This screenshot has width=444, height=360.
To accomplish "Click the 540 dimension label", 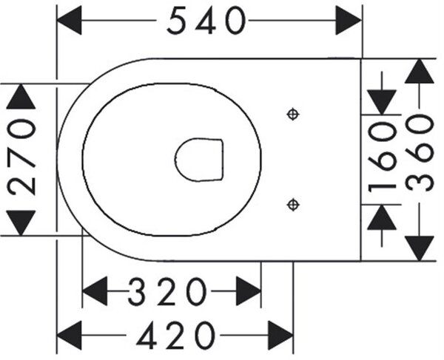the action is [206, 21].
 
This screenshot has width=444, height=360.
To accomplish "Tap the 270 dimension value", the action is [21, 157].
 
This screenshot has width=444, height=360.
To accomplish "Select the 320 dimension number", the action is [166, 291].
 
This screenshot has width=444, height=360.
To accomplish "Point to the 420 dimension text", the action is [176, 336].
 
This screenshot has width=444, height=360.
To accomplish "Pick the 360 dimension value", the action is [420, 153].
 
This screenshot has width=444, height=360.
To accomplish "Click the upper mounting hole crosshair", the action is [293, 115].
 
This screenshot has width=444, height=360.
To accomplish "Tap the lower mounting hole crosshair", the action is [293, 205].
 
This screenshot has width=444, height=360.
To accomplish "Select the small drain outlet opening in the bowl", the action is [199, 160].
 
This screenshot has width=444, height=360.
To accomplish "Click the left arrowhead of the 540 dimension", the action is [69, 21].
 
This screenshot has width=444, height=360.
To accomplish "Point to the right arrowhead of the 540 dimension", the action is [349, 21].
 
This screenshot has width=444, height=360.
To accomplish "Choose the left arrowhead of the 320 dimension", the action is [95, 291].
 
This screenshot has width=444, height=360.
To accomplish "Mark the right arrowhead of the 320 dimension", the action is [249, 291].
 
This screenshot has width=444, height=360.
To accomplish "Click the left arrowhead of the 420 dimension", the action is [70, 336].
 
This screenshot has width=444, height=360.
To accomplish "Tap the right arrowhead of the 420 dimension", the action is [280, 336].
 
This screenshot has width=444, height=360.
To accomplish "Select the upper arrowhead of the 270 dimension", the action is [21, 96].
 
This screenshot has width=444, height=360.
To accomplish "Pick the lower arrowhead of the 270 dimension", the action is [21, 223].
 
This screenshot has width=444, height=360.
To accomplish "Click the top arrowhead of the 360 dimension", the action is [419, 71].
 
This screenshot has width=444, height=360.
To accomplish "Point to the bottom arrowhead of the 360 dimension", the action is [419, 248].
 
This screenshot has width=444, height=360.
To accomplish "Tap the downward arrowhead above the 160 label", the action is [382, 102].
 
